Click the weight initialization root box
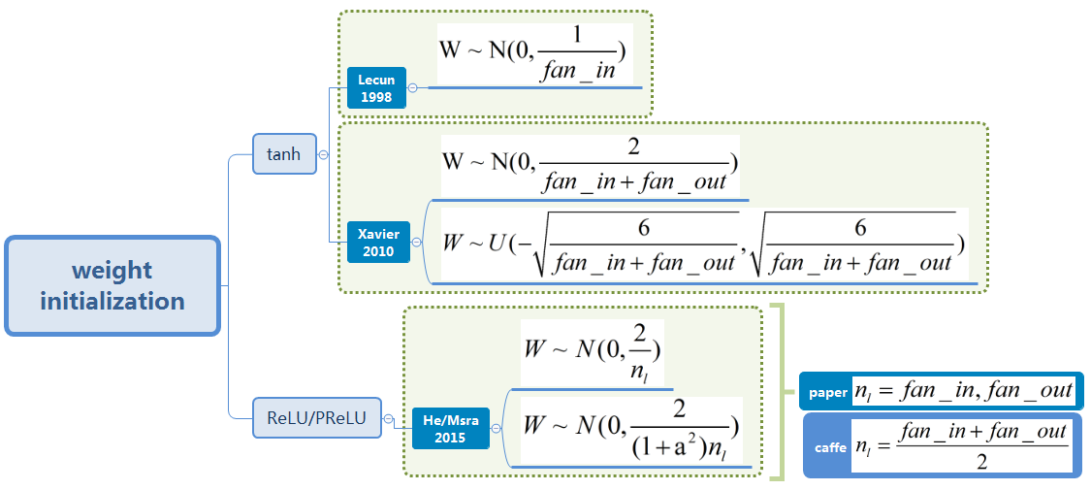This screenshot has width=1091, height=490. (112, 286)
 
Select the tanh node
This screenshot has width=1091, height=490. (284, 154)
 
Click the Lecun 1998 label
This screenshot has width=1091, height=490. (376, 88)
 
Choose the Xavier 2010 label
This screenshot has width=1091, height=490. (378, 243)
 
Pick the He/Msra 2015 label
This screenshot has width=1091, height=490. (451, 428)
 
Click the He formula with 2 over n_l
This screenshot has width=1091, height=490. (592, 353)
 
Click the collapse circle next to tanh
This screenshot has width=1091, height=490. (323, 154)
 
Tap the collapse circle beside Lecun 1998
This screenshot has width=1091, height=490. (412, 88)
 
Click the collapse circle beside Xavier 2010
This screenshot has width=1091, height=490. (417, 243)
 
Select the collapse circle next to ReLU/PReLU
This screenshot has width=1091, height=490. (387, 419)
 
